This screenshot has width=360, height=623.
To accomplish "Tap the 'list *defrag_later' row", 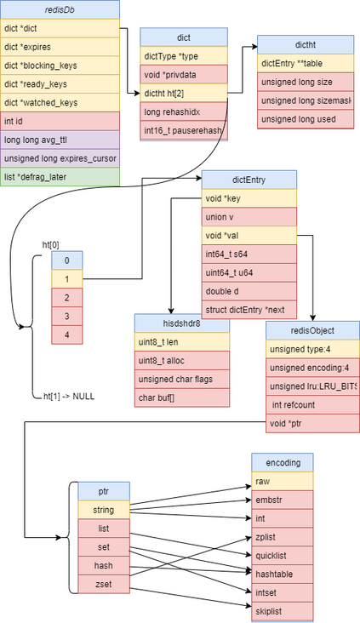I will click(60, 176).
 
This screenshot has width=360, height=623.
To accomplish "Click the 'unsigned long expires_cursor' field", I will click(60, 157).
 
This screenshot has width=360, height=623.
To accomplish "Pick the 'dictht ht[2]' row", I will click(182, 93).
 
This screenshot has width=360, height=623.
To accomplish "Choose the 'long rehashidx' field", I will click(182, 111).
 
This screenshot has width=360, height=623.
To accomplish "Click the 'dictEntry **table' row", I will click(306, 63).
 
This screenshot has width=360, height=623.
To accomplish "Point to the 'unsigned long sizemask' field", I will click(306, 100).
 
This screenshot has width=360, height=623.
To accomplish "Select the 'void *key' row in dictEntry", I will click(249, 197).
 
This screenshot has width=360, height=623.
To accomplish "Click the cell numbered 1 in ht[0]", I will click(66, 278).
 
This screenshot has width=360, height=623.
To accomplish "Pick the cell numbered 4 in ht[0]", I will click(66, 334).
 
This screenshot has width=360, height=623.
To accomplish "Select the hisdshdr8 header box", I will click(181, 323).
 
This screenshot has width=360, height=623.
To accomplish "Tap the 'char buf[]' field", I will click(181, 397).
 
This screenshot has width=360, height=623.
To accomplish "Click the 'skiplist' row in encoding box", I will click(282, 611).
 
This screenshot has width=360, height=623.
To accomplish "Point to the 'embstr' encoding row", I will click(282, 499).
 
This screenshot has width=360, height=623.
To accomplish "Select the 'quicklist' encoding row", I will click(282, 555).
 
